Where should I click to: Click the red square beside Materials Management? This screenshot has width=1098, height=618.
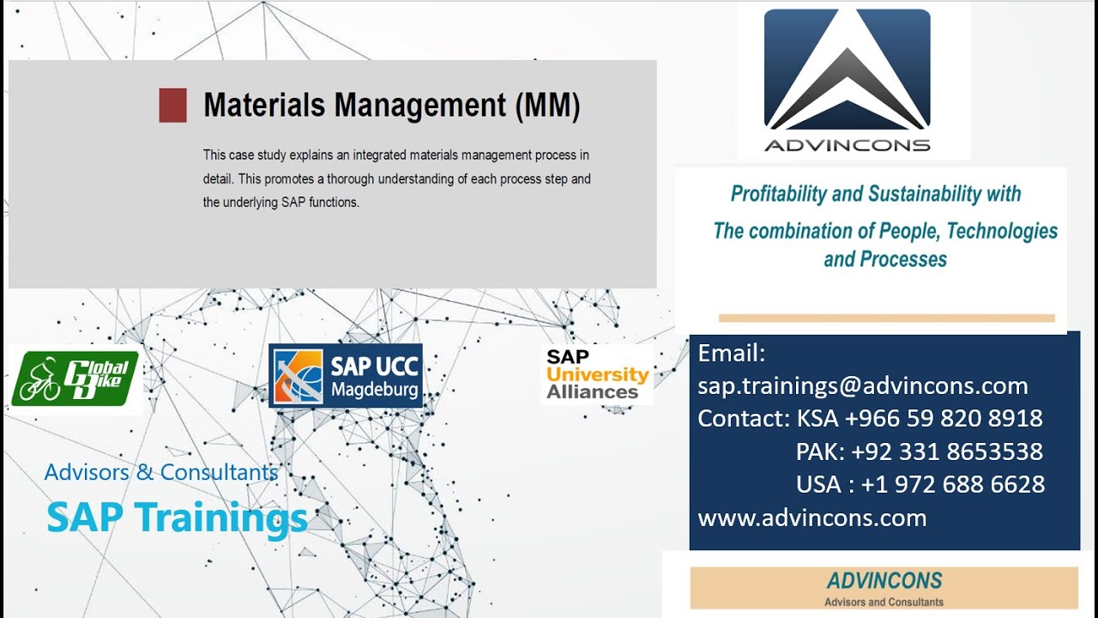coord(172,106)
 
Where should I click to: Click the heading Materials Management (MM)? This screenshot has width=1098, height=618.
coord(391,106)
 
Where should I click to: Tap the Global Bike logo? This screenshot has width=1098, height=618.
coord(75,379)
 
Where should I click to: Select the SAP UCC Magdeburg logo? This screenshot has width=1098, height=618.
coord(345,376)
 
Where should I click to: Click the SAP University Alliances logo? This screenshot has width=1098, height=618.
coord(597,374)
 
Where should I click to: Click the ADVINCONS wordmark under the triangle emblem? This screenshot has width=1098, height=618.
coord(847,145)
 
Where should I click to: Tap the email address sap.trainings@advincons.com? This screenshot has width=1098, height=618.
coord(862,386)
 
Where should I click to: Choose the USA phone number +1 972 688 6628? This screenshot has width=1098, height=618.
coord(952,484)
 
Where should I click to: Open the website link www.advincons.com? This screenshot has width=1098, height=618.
coord(811,518)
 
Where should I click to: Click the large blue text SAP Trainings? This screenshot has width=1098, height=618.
coord(177,517)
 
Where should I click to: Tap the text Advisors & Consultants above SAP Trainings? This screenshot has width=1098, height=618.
coord(161,472)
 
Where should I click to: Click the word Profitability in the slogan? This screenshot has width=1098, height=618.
coord(778,194)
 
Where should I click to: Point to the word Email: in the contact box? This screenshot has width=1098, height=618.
coord(731,353)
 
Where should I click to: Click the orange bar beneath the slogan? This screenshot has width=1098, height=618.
coord(886,318)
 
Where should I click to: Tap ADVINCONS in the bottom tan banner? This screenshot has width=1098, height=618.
coord(884,581)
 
